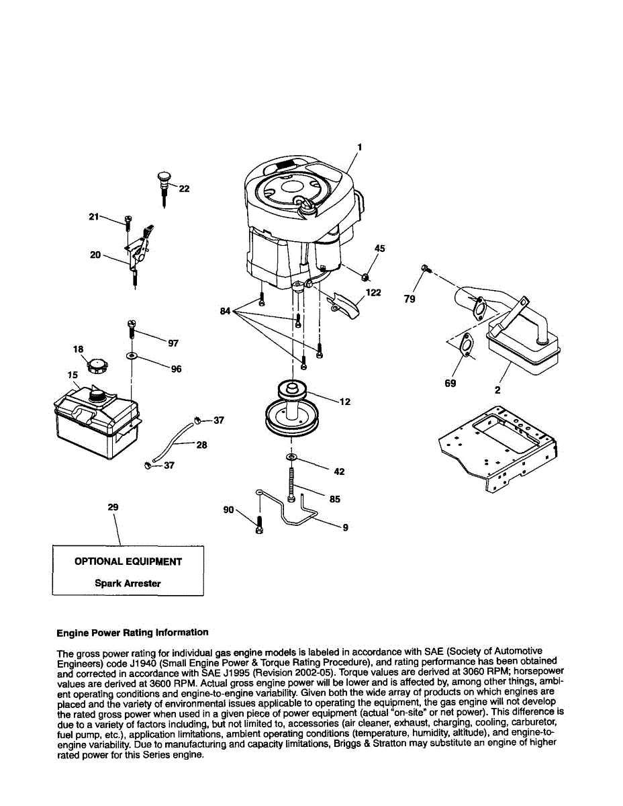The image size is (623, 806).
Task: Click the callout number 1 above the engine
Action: pos(360,146)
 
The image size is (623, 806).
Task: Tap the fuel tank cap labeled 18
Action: pos(98,367)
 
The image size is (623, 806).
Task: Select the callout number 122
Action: pos(374,292)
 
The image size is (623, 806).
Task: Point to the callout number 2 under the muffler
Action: pos(497,390)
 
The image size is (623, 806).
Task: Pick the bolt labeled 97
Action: pos(132,329)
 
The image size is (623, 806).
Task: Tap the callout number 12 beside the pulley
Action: pos(345,402)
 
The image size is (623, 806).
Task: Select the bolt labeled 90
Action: pos(260,524)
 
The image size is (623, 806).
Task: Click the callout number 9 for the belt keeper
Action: pos(345,528)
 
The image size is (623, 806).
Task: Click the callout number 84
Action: pos(225,310)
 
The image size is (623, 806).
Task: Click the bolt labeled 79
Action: pos(425,269)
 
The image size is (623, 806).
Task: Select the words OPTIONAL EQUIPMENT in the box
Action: pos(128,562)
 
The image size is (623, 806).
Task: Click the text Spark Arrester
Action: pos(128,584)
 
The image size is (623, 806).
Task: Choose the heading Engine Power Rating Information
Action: pos(132,632)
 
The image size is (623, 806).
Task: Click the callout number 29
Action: pos(113,507)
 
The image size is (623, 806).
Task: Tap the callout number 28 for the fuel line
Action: pos(201,445)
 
